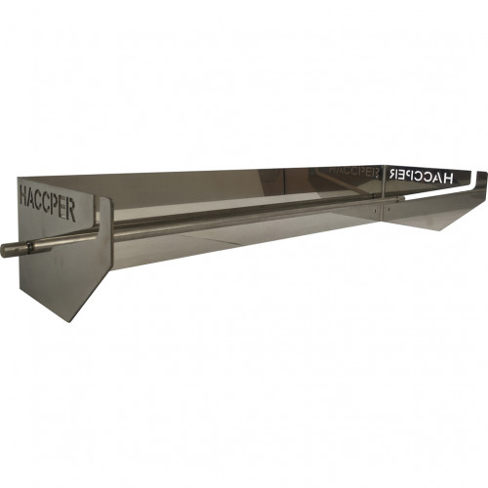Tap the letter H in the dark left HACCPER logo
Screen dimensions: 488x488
point(23,193)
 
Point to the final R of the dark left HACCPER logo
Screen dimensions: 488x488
point(71,211)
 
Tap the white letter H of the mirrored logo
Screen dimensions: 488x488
point(447,178)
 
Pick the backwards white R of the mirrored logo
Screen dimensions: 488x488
point(391,174)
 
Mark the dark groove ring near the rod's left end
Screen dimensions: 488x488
point(29,248)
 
